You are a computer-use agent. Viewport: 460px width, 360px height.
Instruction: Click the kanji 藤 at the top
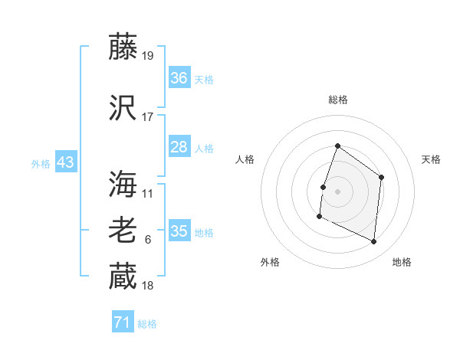point(123,48)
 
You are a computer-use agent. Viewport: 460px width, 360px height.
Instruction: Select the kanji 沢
point(123,108)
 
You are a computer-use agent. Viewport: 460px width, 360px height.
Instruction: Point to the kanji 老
point(123,231)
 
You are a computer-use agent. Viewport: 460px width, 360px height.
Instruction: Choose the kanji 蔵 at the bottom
point(123,277)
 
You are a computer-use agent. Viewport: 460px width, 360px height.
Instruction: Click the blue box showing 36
point(179,78)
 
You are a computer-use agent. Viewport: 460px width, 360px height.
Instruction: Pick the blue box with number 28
point(179,147)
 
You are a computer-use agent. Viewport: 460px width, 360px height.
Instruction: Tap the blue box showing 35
point(179,231)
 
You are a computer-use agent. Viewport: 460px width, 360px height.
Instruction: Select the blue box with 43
point(65,162)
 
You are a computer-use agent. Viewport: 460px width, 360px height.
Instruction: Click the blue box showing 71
point(123,322)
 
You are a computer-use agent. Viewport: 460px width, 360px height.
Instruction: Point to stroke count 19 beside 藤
point(148,56)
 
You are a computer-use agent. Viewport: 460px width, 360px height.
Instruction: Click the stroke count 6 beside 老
point(148,240)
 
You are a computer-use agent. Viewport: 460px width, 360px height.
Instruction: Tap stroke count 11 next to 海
point(148,193)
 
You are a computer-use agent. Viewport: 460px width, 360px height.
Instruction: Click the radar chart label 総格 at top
point(337,100)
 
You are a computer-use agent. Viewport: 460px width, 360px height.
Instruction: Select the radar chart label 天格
point(432,159)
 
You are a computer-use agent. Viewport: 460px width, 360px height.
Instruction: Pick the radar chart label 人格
point(245,159)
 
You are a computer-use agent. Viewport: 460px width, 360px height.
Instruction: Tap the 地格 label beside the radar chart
point(402,262)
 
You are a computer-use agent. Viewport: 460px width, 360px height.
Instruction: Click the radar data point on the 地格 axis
point(374,242)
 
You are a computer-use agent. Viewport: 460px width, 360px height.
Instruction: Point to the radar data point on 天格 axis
point(382,178)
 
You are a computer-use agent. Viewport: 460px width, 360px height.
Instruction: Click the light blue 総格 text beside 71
point(147,324)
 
